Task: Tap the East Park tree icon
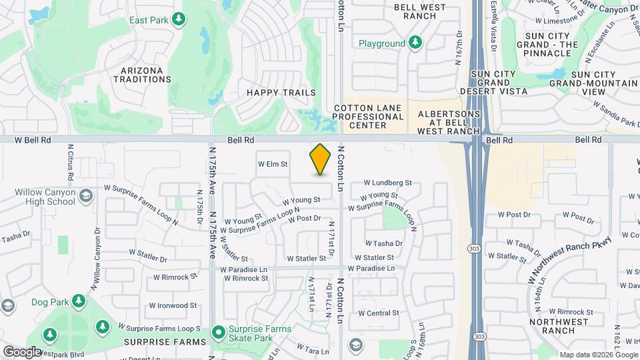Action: [x=178, y=21]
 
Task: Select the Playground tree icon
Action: [x=415, y=43]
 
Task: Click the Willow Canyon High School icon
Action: [x=85, y=195]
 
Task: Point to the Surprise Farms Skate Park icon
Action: [x=218, y=332]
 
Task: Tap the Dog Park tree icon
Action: [x=79, y=301]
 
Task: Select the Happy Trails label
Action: [x=281, y=93]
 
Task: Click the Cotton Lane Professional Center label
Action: [x=368, y=117]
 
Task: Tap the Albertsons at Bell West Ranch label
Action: [x=449, y=123]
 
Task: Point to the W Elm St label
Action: [x=273, y=163]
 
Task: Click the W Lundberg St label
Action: [x=388, y=182]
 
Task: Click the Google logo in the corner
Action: [x=22, y=351]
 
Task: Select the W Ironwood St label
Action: [x=173, y=305]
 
